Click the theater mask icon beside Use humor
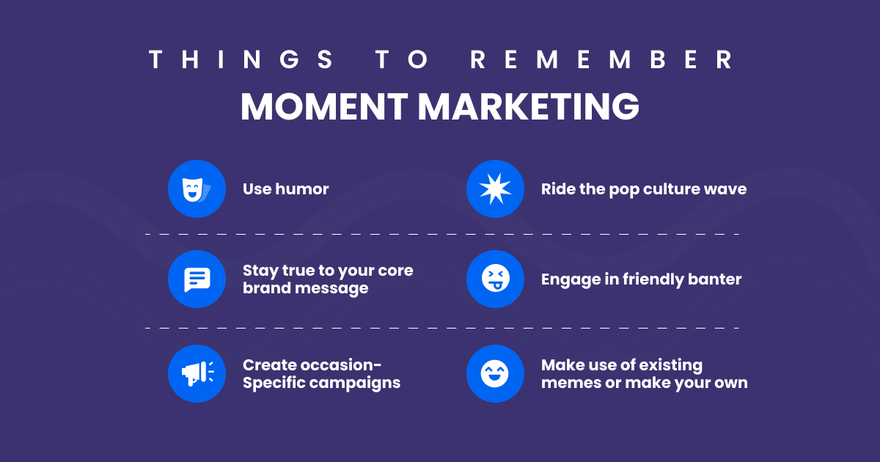point(196,189)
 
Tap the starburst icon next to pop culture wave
point(495,189)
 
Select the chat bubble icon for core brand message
point(196,279)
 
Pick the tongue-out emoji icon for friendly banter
point(495,279)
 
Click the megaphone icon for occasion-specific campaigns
point(196,373)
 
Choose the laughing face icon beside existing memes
point(495,373)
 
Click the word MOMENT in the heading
point(323,107)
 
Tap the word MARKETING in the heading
point(528,107)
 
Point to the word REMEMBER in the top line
point(601,60)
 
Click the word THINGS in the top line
point(241,60)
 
